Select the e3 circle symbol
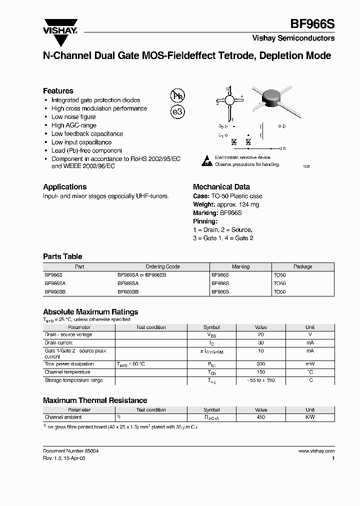(x=177, y=112)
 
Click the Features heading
(x=58, y=91)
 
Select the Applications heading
(x=64, y=187)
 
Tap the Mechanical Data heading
(x=221, y=187)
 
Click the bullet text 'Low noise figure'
(x=73, y=117)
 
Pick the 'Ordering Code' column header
(x=162, y=267)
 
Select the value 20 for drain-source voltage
(x=260, y=335)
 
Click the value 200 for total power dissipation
(x=260, y=364)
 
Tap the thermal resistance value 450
(x=260, y=417)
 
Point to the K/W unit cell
(x=310, y=417)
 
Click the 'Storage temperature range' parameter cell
(x=73, y=380)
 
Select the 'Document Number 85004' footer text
(x=70, y=451)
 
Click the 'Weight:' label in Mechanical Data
(x=204, y=204)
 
